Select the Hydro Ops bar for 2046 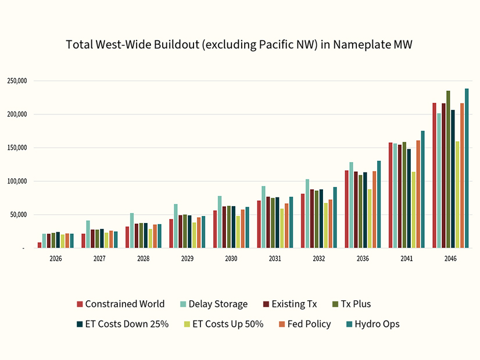tap(467, 168)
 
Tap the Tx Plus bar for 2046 tap(448, 170)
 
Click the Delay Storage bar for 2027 tap(88, 234)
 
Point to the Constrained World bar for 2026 tap(40, 245)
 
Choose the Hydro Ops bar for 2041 tap(422, 189)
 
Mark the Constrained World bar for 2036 tap(347, 209)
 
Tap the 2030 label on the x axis tap(231, 258)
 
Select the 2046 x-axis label tap(450, 258)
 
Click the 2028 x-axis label tap(143, 258)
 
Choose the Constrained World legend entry tap(121, 304)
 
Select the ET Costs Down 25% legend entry tap(123, 324)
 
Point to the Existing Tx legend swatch tap(266, 304)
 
